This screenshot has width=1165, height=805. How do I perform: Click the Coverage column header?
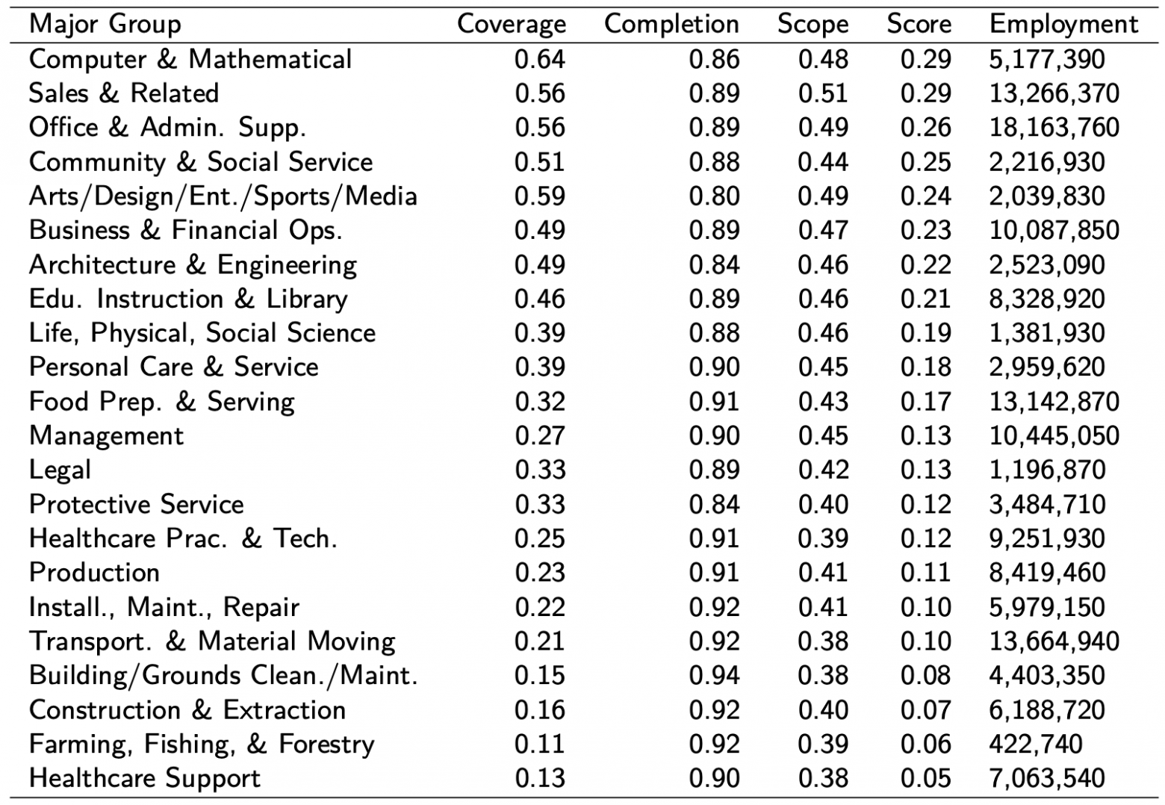[511, 24]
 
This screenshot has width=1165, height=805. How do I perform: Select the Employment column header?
[1063, 24]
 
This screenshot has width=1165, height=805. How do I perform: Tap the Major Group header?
[105, 24]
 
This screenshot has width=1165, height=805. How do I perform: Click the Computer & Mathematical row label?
[190, 59]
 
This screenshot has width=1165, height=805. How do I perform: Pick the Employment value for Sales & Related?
[1054, 93]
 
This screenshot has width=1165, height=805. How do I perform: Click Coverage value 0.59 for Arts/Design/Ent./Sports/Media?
[539, 196]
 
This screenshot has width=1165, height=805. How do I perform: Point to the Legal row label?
[60, 470]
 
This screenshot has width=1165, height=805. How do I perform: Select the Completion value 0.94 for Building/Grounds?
[714, 675]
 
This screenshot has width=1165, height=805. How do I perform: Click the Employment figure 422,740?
[1035, 744]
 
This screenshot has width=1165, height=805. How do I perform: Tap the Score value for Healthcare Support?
[925, 778]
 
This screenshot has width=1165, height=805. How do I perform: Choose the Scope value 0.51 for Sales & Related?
[823, 93]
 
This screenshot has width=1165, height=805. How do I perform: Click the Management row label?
[106, 435]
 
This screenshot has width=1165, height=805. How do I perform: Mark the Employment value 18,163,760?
[1054, 127]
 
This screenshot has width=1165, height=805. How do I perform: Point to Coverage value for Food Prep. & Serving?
[539, 401]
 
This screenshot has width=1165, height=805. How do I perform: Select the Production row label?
[94, 572]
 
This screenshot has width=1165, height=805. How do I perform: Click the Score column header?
[919, 24]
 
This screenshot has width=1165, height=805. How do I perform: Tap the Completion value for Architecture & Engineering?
[714, 264]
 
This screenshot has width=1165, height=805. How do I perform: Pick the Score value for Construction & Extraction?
[925, 709]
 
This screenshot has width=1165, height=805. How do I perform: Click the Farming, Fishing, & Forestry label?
[201, 744]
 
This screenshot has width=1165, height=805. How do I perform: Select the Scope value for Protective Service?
[823, 504]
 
